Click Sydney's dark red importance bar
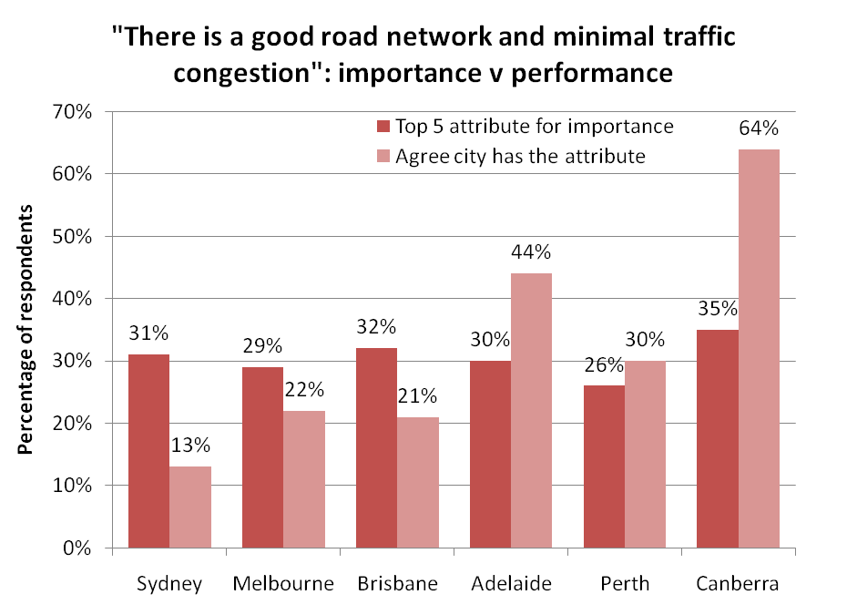coord(148,451)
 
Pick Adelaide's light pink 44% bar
coord(531,411)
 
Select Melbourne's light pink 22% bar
coord(304,479)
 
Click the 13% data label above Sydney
coord(191,446)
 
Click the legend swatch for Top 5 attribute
coord(383,127)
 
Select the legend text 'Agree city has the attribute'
coord(520,156)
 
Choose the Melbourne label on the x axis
coord(283,583)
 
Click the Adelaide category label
coord(511,583)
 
